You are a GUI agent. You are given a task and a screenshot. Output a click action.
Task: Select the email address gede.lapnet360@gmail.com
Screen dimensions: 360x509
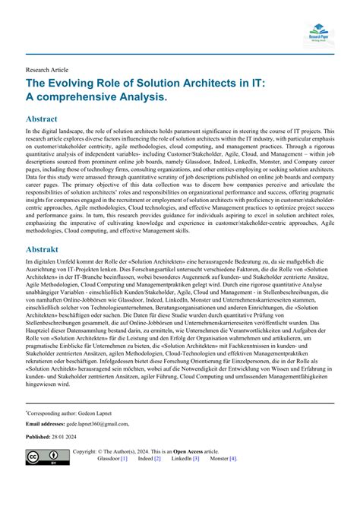(x=98, y=424)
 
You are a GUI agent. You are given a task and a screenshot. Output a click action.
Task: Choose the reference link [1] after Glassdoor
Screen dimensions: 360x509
(x=124, y=460)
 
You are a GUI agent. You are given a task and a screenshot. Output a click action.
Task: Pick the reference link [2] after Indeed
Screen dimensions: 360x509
(x=157, y=460)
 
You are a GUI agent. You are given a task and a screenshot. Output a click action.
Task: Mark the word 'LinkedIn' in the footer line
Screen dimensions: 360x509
(x=181, y=460)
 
